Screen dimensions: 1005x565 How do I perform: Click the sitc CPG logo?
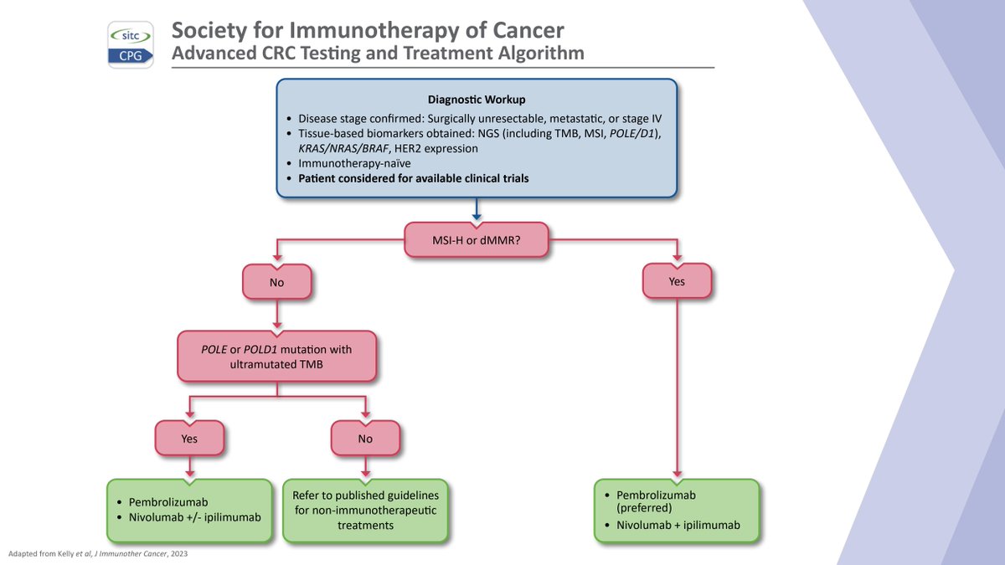[131, 45]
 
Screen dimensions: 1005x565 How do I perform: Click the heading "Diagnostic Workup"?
[477, 99]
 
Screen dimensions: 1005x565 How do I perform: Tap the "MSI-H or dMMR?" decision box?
[476, 240]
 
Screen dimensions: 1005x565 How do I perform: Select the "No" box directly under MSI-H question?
[277, 282]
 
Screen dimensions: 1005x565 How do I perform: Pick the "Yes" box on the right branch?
[677, 281]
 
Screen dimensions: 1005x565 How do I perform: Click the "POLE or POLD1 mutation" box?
[277, 357]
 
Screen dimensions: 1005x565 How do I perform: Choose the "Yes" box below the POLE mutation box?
[189, 438]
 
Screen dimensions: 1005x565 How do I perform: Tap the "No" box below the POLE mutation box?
[365, 438]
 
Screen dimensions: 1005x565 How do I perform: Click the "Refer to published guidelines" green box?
[365, 511]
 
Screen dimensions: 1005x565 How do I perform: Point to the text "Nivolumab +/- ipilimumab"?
[194, 517]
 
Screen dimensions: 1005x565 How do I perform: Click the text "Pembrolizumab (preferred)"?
[656, 501]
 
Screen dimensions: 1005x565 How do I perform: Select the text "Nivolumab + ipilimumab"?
[678, 525]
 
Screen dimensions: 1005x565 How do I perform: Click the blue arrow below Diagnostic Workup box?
[477, 209]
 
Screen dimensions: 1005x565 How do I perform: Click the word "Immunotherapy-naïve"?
[354, 163]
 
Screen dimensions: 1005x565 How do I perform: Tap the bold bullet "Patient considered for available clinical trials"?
[413, 178]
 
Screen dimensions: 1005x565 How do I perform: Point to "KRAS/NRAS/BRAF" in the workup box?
[343, 148]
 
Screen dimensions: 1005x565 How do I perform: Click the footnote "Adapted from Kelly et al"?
[98, 553]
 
